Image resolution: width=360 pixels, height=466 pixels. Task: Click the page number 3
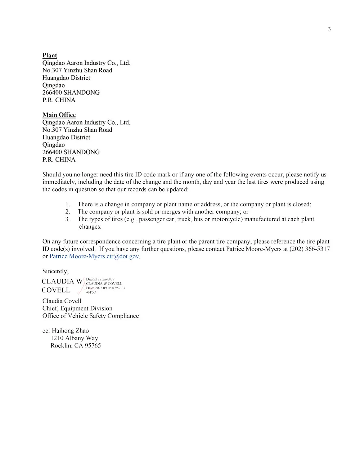(x=329, y=29)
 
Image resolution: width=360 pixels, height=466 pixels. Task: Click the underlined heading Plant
(x=50, y=55)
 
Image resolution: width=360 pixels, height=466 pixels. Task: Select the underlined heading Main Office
(x=59, y=115)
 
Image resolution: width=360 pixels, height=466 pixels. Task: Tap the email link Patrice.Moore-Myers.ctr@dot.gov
(x=94, y=256)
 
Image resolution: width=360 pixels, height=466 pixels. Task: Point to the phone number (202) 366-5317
(x=309, y=249)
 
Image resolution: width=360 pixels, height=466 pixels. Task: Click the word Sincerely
(x=55, y=271)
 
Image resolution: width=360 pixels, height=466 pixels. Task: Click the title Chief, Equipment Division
(x=77, y=308)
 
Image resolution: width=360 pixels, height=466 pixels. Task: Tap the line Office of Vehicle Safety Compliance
(x=90, y=316)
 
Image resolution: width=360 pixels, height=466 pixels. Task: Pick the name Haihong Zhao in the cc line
(x=70, y=331)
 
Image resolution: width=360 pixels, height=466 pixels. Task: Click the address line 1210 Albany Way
(x=74, y=338)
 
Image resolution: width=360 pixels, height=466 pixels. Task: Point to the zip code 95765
(x=93, y=346)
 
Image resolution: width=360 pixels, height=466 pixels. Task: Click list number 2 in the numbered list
(x=67, y=212)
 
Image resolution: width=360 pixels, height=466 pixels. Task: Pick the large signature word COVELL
(x=56, y=290)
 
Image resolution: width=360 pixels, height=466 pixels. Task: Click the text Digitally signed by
(x=100, y=279)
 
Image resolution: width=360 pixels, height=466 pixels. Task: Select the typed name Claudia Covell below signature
(x=62, y=301)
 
